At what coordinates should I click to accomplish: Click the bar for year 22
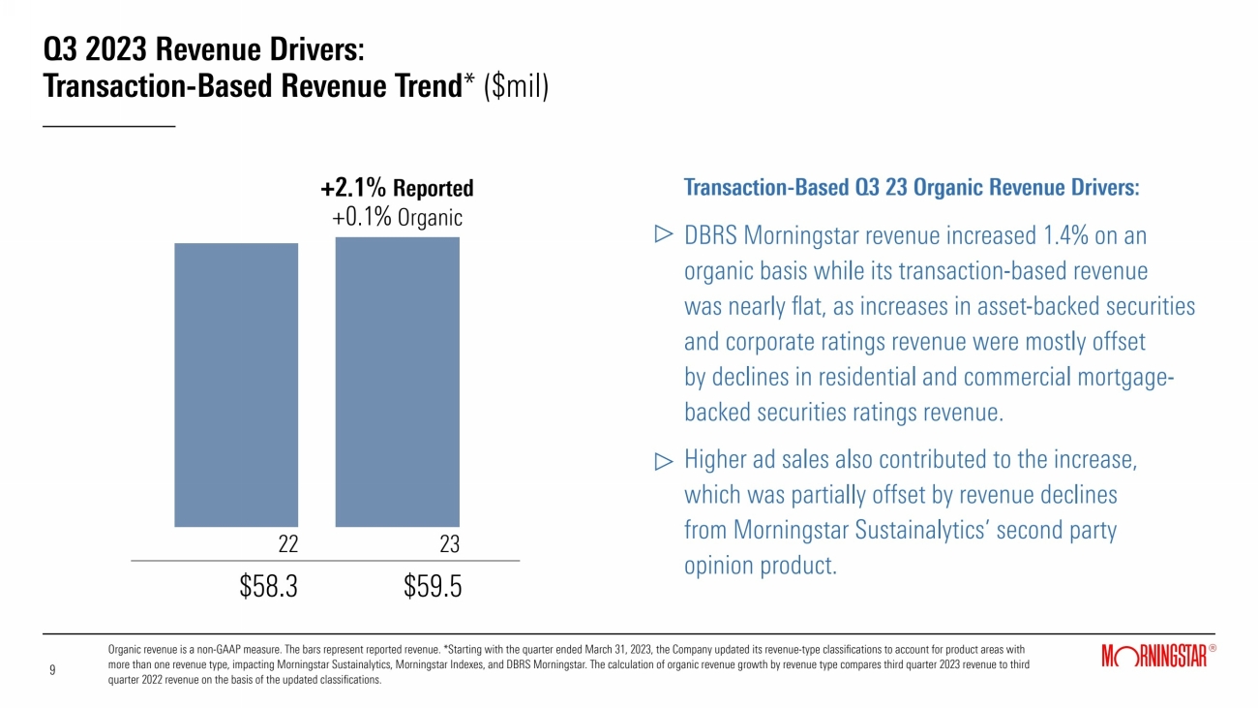point(236,385)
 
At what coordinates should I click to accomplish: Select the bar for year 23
point(398,382)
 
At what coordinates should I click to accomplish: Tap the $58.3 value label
point(268,587)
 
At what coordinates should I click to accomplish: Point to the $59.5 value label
point(433,587)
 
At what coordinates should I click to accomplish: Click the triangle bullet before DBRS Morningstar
point(664,234)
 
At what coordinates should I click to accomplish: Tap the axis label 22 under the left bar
point(287,545)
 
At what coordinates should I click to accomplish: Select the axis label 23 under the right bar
point(449,545)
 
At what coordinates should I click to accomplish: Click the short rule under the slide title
point(109,126)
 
